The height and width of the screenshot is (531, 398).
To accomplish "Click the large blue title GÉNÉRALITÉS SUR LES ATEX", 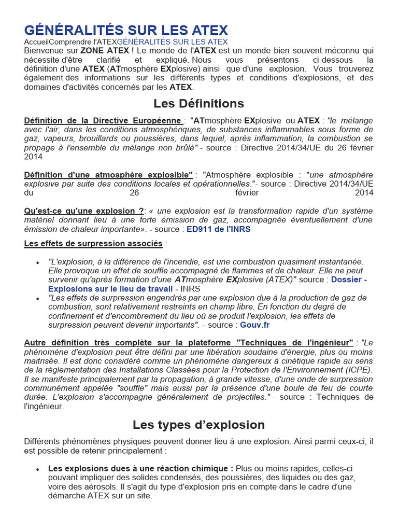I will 126,30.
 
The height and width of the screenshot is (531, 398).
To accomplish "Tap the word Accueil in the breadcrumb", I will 37,41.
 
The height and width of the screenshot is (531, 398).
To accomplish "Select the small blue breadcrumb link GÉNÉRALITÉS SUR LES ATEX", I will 172,41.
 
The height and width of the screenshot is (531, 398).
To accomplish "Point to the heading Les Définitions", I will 198,103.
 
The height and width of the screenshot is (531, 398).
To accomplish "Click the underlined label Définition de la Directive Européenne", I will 103,120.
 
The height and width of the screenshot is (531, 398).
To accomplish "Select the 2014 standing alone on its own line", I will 33,157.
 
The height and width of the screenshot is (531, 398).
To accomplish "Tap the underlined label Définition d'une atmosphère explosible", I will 108,175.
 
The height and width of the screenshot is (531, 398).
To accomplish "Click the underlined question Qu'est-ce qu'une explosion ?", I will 84,211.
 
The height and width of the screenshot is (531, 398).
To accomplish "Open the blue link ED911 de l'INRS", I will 218,229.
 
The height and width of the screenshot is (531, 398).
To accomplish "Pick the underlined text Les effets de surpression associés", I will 93,244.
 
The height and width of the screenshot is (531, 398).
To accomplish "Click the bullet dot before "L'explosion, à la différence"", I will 38,263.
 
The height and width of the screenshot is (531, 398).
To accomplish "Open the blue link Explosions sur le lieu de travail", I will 110,289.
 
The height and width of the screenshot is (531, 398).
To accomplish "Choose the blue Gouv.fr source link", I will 254,325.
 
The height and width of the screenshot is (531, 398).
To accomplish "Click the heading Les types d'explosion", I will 198,425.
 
